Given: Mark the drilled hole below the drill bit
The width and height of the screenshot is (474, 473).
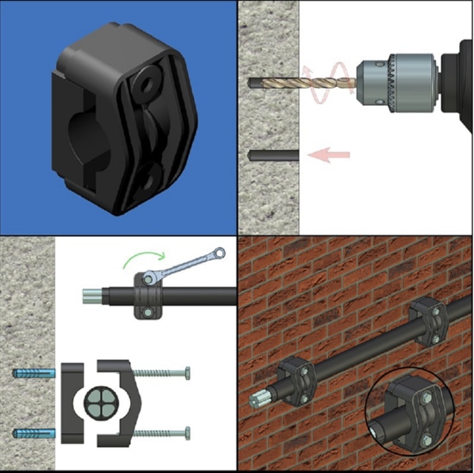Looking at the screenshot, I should [x=272, y=154].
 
